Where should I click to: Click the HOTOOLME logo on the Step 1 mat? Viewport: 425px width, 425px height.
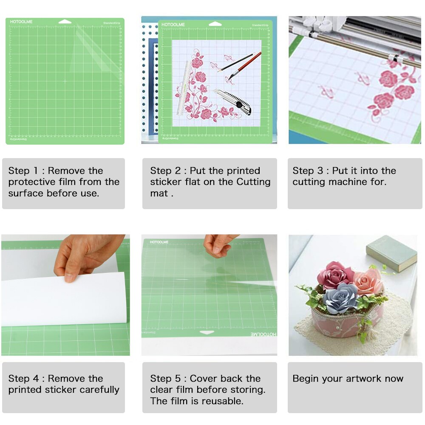coord(21,22)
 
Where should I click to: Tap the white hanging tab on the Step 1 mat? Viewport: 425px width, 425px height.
coord(65,21)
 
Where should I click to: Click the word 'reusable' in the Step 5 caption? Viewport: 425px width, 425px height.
coord(223,401)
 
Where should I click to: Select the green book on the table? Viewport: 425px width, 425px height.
coord(391,252)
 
